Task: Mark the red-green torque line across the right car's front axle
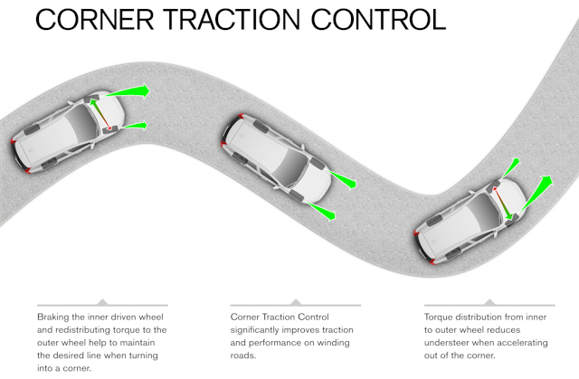pyautogui.click(x=504, y=203)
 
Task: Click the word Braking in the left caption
pyautogui.click(x=55, y=317)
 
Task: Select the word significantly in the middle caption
pyautogui.click(x=260, y=331)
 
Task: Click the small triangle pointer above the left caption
pyautogui.click(x=101, y=301)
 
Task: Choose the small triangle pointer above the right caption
pyautogui.click(x=489, y=301)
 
